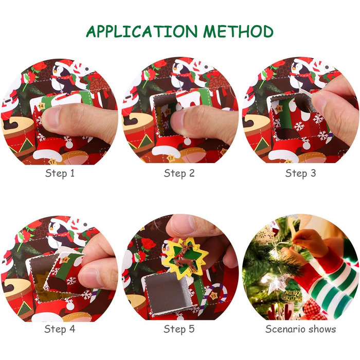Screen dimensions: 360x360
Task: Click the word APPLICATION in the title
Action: tap(141, 31)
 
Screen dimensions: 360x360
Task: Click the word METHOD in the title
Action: tap(238, 31)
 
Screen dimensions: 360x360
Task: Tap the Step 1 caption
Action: tap(60, 173)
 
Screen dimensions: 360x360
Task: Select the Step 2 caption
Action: tap(179, 173)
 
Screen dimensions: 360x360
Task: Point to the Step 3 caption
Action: tap(300, 173)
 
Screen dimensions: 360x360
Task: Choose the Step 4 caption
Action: tap(60, 329)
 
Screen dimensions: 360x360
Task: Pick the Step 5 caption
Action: tap(179, 329)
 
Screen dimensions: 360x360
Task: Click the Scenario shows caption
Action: tap(300, 329)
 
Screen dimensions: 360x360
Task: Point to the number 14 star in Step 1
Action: tap(41, 106)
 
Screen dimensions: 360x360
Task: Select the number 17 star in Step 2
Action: tap(170, 158)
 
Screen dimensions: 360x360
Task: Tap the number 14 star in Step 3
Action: tap(278, 109)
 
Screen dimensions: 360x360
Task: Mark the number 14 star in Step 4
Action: tap(64, 260)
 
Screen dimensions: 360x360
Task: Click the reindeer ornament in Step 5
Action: tap(186, 257)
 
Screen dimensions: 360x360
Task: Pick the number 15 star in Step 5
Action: tap(214, 295)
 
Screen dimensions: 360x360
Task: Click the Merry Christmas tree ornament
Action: tap(292, 293)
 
